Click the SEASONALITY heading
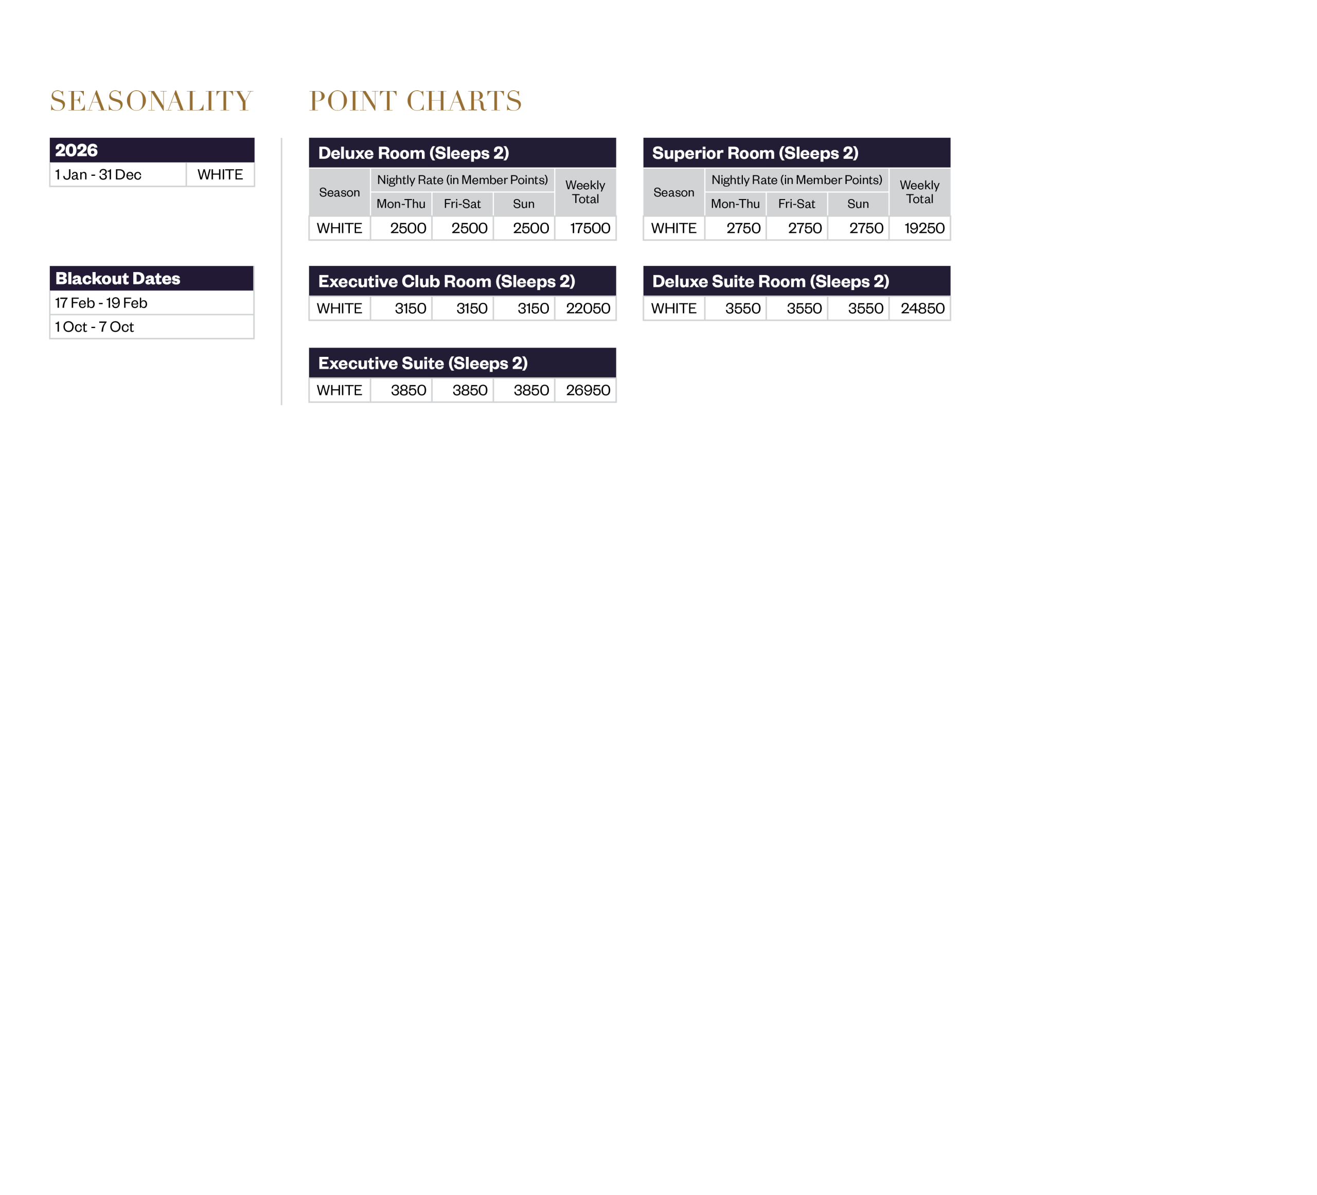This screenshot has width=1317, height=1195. point(151,101)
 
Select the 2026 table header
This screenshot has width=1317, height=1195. point(77,150)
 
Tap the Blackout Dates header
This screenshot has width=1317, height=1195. point(118,279)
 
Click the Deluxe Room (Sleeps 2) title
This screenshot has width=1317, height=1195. point(414,153)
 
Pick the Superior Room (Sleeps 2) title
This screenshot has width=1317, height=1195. point(755,153)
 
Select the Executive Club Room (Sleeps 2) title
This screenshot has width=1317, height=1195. point(446,281)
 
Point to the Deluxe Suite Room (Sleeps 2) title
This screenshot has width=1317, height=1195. point(771,281)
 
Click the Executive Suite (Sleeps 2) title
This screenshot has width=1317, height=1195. point(423,363)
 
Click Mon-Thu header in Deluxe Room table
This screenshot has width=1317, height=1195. point(400,204)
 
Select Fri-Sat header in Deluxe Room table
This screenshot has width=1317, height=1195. point(462,204)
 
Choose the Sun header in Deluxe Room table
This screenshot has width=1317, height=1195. point(523,204)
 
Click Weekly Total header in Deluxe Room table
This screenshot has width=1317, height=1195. point(585,192)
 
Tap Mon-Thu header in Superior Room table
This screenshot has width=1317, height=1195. point(735,204)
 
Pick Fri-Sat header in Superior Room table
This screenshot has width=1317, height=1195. point(796,204)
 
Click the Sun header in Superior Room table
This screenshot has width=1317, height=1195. point(858,204)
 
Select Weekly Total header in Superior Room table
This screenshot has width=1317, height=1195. point(919,192)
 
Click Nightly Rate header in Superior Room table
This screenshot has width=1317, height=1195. point(796,179)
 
